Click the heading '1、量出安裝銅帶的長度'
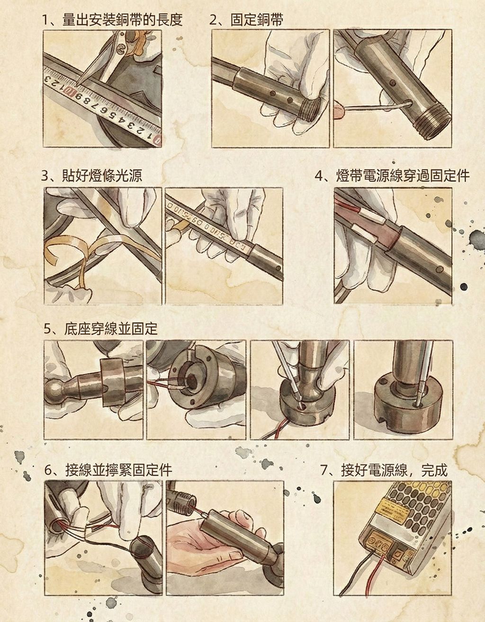[x=112, y=20]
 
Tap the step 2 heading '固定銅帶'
[x=257, y=20]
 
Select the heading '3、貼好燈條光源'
[x=91, y=175]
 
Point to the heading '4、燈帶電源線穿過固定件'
[x=392, y=175]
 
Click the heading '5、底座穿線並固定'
[x=100, y=329]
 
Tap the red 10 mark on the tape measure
[x=70, y=92]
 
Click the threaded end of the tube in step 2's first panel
[x=310, y=108]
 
